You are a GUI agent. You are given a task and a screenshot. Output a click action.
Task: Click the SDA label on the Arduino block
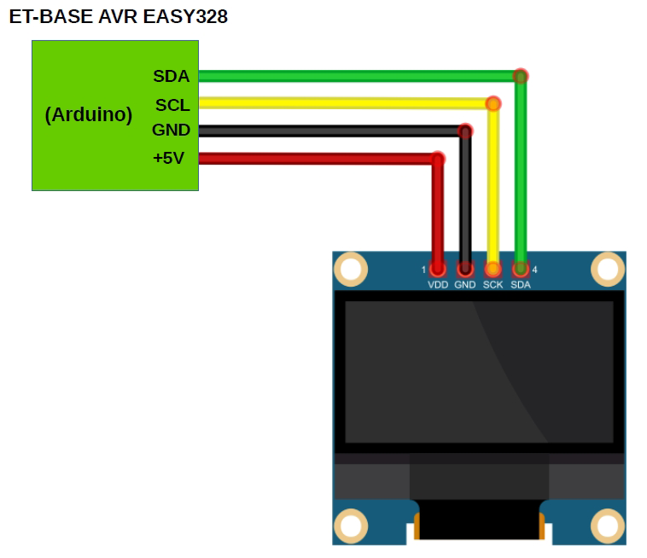pos(171,76)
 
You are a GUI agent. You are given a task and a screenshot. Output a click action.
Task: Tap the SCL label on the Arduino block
pos(172,105)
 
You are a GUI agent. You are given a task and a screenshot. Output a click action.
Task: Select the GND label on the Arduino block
pos(171,131)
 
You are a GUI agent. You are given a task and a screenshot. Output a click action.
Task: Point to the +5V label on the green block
pos(168,158)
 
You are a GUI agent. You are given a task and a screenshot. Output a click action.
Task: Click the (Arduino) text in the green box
pos(89,114)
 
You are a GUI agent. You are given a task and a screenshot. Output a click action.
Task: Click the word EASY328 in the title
pos(188,16)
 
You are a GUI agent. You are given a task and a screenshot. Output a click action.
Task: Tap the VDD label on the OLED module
pos(438,285)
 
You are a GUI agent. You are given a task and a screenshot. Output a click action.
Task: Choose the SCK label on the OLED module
pos(493,285)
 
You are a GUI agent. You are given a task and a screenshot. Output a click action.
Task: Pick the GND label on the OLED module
pos(465,285)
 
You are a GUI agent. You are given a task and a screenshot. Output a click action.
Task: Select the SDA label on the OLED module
pos(521,285)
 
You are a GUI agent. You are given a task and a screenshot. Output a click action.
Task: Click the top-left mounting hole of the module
pos(350,270)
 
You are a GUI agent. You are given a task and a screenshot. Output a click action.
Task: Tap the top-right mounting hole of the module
pos(607,270)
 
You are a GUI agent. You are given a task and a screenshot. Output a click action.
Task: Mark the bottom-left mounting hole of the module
pos(350,526)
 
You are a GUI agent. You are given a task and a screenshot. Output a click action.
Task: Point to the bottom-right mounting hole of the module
pos(607,526)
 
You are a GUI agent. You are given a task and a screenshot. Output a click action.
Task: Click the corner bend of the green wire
pos(520,76)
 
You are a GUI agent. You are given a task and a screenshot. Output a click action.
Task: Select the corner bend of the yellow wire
pos(493,104)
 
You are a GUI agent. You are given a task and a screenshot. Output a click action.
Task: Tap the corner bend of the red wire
pos(438,159)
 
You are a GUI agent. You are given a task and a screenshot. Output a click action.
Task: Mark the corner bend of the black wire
pos(465,131)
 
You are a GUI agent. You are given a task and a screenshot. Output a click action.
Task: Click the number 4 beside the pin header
pos(535,270)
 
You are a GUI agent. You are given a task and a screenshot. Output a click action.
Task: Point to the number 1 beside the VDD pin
pos(423,270)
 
